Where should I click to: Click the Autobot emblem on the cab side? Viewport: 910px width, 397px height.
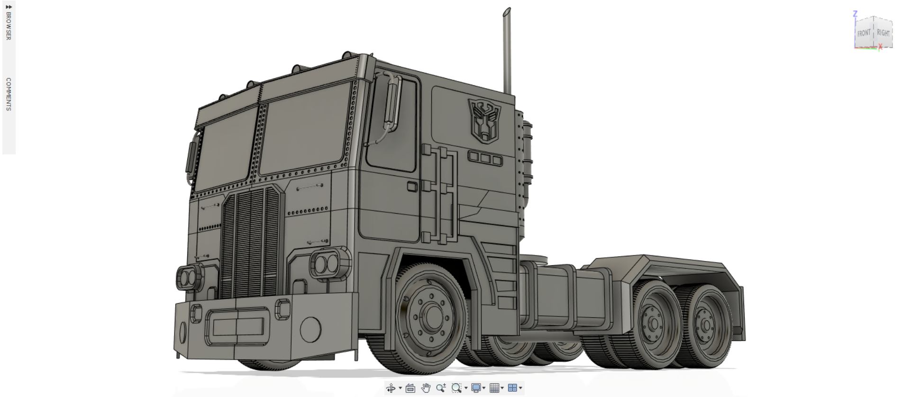pyautogui.click(x=484, y=120)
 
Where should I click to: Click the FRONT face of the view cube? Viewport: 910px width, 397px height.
pyautogui.click(x=864, y=33)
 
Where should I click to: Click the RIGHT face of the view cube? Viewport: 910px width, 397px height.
pyautogui.click(x=883, y=33)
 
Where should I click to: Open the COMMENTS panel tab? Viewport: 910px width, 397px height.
pyautogui.click(x=8, y=94)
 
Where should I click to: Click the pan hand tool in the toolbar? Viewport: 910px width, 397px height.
pyautogui.click(x=426, y=388)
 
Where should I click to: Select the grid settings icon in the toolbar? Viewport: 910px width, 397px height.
pyautogui.click(x=494, y=388)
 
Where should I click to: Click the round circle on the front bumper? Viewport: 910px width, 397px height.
pyautogui.click(x=310, y=328)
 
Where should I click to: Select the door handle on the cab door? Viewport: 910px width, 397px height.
pyautogui.click(x=412, y=186)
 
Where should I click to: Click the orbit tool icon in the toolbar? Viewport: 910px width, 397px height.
pyautogui.click(x=391, y=388)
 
